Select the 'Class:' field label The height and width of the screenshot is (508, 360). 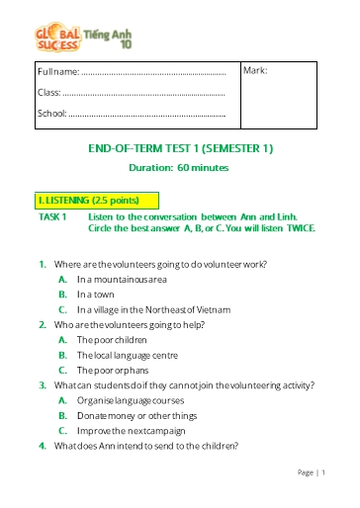coord(48,93)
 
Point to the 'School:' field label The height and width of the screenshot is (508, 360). coord(51,114)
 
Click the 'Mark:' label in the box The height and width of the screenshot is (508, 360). coord(255,71)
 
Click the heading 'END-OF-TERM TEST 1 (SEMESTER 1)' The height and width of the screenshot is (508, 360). coord(180,148)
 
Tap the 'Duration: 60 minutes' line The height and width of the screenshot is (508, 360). coord(180,168)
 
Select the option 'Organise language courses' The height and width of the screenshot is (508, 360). coord(128,399)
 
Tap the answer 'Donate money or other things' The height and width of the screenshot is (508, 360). coord(136,414)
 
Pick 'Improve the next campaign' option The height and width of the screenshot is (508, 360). coord(129,430)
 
